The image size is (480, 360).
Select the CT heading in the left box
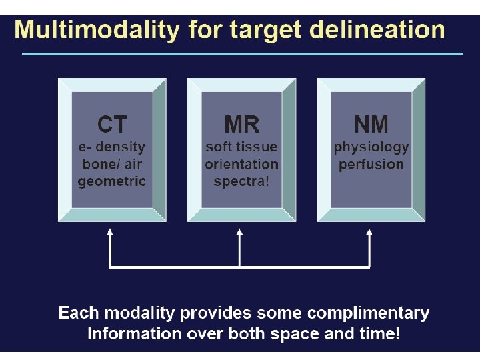tap(111, 125)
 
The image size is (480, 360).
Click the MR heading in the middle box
tap(241, 125)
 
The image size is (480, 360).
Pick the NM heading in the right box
tap(371, 125)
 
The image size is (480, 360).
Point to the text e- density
tap(111, 147)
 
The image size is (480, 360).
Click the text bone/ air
tap(111, 164)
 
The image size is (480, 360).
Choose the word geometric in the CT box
tap(111, 181)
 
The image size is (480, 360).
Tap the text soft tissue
tap(241, 147)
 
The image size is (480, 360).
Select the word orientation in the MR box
tap(241, 164)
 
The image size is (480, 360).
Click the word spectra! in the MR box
tap(241, 181)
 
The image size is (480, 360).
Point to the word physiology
tap(371, 147)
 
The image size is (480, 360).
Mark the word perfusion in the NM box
tap(371, 164)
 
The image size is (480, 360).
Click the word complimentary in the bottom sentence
tap(373, 313)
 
